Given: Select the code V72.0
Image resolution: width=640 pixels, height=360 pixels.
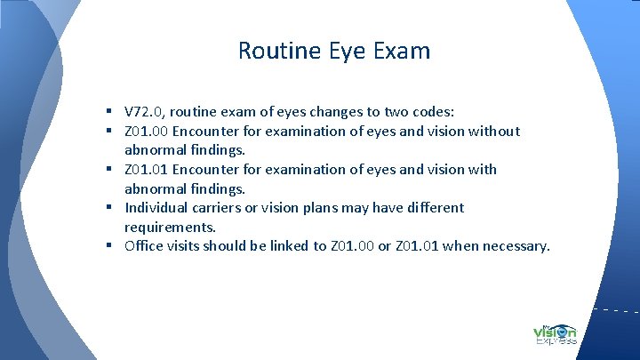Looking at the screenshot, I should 144,112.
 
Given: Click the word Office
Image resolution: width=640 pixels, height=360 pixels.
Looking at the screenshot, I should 145,246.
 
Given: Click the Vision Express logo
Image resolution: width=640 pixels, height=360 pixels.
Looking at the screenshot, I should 555,332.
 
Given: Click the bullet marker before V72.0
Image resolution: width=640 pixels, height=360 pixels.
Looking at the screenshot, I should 107,112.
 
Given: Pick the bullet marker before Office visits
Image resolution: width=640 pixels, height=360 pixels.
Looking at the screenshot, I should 107,246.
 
